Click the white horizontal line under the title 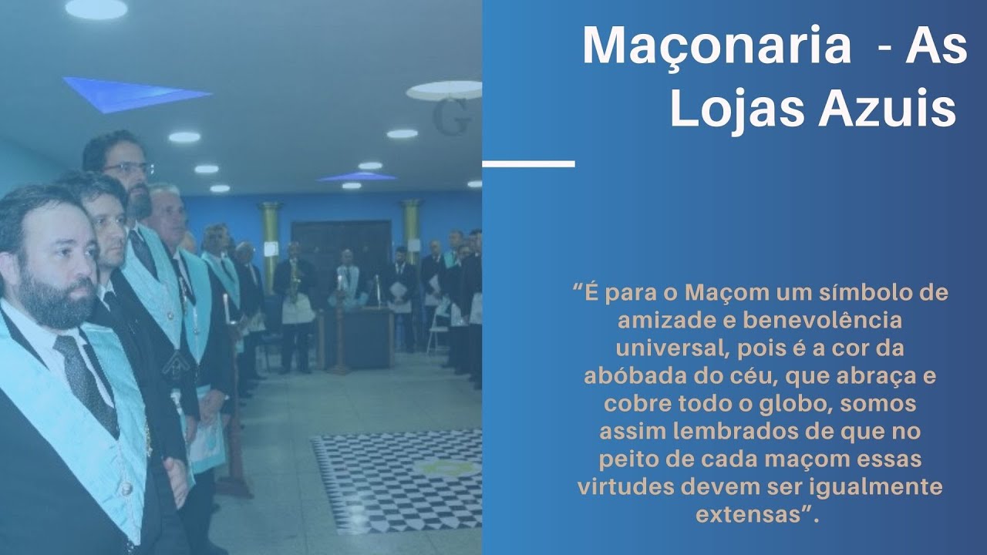click(528, 163)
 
